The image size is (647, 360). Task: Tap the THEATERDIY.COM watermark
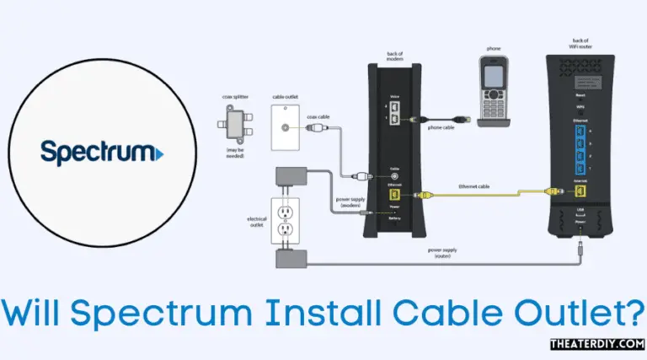(596, 346)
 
